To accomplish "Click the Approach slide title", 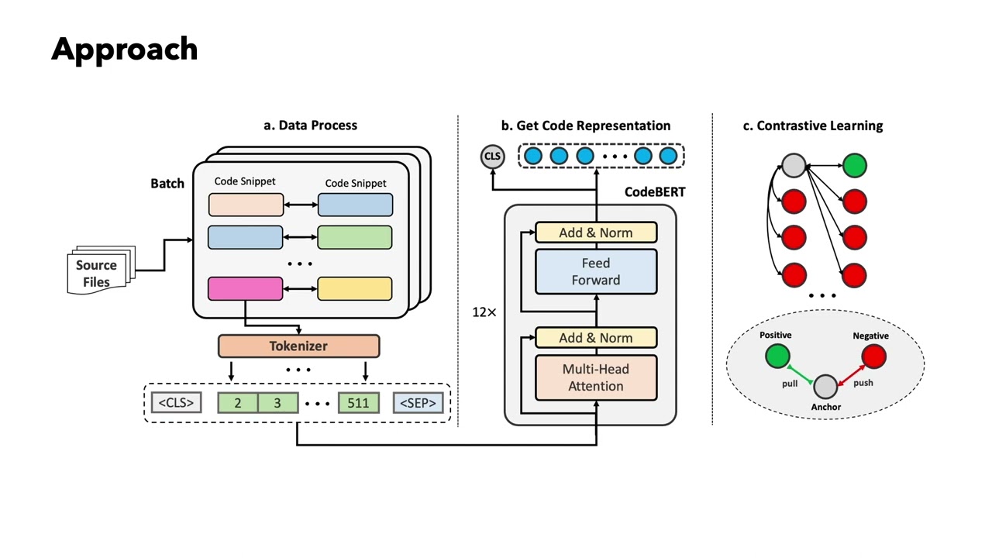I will tap(124, 49).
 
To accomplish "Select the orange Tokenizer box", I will tap(298, 346).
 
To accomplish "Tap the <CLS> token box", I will tap(177, 403).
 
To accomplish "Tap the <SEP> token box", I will tap(419, 403).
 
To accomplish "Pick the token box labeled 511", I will tap(359, 403).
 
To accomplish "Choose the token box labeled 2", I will tap(237, 403).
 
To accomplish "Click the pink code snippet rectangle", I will tap(246, 288).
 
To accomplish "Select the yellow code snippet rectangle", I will tap(355, 288).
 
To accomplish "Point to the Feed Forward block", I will tap(596, 271).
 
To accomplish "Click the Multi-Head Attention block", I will tap(596, 377).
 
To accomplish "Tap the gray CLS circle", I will tap(492, 157).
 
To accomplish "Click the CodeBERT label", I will tap(656, 191).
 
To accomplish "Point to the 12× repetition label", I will tap(484, 312).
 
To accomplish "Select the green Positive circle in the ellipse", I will tap(777, 356).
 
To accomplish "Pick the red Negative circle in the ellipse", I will tap(873, 356).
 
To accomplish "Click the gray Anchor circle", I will tap(826, 386).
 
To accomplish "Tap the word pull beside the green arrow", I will tap(789, 383).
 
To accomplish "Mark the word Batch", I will tap(167, 184).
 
